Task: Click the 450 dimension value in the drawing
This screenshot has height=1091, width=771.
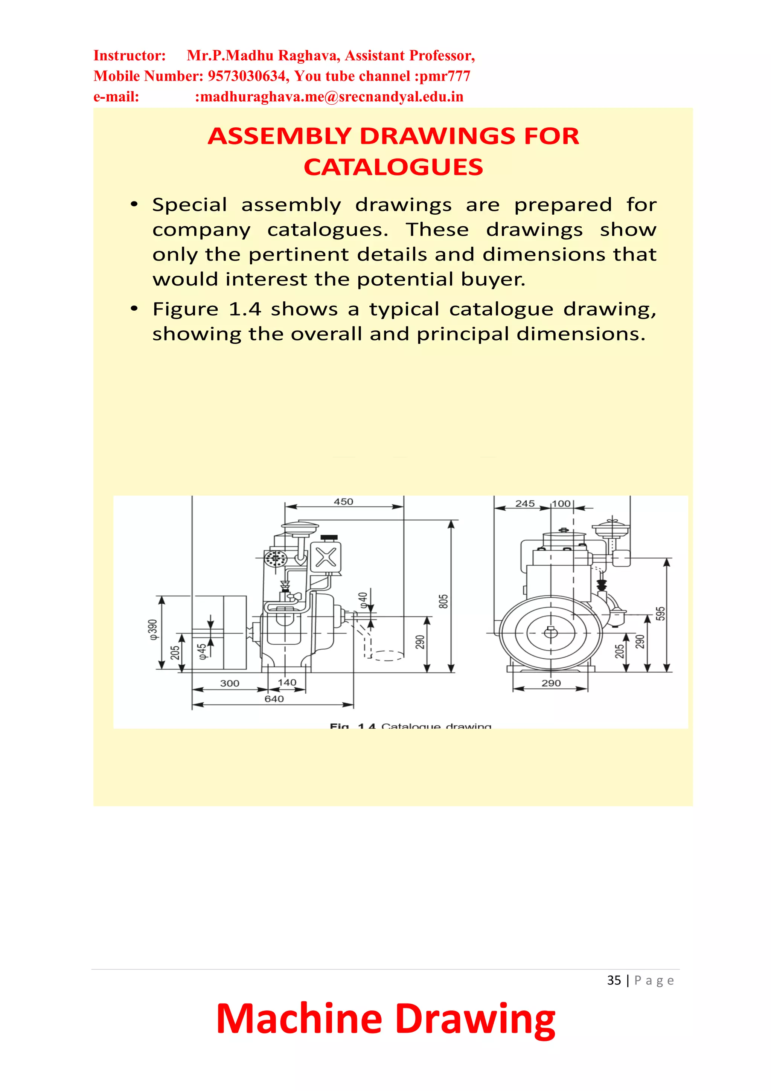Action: pyautogui.click(x=343, y=502)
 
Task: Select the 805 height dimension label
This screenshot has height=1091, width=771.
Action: pyautogui.click(x=443, y=601)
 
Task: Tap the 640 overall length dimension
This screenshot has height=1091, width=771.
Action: pyautogui.click(x=274, y=699)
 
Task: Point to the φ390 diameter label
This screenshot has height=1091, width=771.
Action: pyautogui.click(x=153, y=630)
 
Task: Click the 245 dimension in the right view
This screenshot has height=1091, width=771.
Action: pyautogui.click(x=525, y=504)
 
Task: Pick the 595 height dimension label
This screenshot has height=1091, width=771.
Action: pyautogui.click(x=660, y=613)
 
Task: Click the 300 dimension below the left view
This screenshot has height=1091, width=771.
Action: pyautogui.click(x=229, y=683)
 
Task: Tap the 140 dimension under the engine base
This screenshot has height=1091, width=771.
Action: pyautogui.click(x=287, y=682)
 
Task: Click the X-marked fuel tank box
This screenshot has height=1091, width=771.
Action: pyautogui.click(x=326, y=557)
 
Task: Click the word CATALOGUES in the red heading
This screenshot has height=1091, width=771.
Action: pyautogui.click(x=393, y=167)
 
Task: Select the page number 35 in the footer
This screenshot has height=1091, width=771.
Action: pyautogui.click(x=614, y=980)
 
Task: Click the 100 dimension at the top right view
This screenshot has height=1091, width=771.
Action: pyautogui.click(x=561, y=504)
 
